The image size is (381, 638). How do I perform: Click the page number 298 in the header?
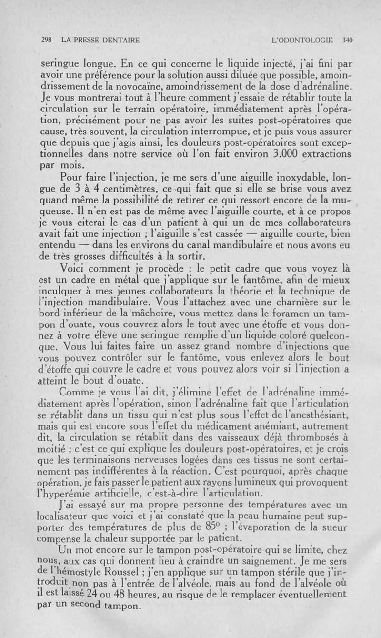(x=47, y=41)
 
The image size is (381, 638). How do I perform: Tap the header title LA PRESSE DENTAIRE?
(x=100, y=41)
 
